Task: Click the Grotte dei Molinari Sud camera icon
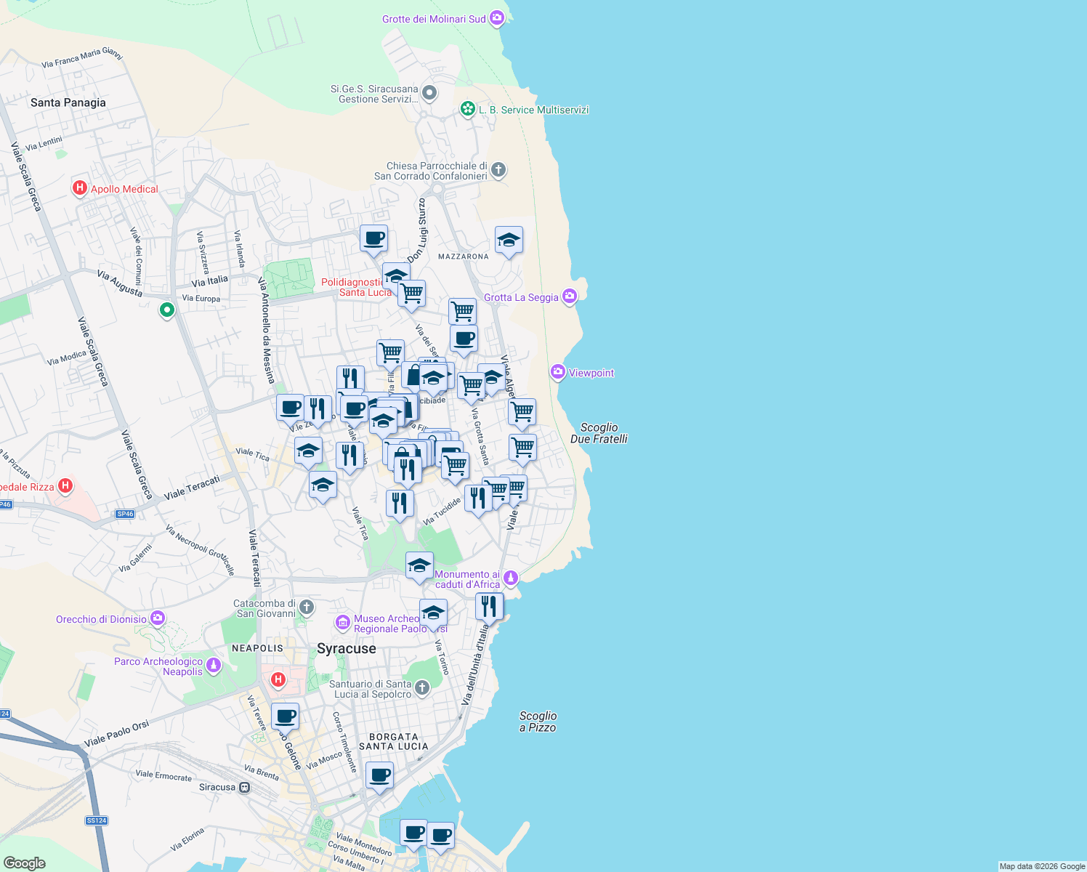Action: [497, 18]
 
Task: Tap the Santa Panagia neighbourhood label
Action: [68, 102]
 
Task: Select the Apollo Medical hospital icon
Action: [80, 188]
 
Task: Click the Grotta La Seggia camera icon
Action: [570, 296]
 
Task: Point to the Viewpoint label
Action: [591, 373]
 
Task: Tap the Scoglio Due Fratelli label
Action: [599, 433]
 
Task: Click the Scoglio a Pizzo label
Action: [538, 722]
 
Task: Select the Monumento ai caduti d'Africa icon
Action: [511, 578]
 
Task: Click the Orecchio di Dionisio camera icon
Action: [158, 618]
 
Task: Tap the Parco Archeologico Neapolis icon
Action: [214, 665]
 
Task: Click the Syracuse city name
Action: [347, 648]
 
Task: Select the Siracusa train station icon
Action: [245, 787]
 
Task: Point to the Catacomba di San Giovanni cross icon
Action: [307, 607]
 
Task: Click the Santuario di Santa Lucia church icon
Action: [422, 687]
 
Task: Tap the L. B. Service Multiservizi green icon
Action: [468, 109]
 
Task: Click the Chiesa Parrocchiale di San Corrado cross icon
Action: [498, 170]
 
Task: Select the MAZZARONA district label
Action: [464, 257]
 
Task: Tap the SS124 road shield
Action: [96, 820]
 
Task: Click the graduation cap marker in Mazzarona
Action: [509, 241]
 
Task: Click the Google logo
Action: [25, 863]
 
